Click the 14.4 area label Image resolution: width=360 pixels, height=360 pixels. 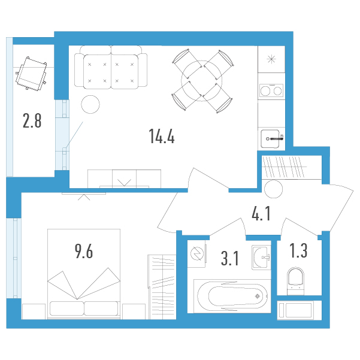click(x=162, y=136)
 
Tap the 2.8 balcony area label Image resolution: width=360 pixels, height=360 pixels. click(x=32, y=121)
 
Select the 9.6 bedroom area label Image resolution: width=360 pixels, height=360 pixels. click(x=84, y=252)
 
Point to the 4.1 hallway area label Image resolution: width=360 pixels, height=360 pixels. click(x=261, y=213)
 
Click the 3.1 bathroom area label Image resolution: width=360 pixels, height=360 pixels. click(x=230, y=258)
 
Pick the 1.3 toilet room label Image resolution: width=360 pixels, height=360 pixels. click(x=298, y=251)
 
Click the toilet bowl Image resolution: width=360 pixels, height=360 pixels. click(x=295, y=281)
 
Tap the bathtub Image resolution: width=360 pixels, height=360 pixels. click(x=232, y=296)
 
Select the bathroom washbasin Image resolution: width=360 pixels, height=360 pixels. click(x=261, y=258)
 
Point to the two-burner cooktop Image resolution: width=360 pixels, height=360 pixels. click(x=271, y=90)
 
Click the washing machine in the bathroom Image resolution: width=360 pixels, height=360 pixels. click(x=196, y=254)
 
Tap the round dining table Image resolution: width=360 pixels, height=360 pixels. click(x=202, y=81)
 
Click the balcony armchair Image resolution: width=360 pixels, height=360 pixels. click(x=31, y=73)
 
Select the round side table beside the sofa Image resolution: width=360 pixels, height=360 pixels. click(x=90, y=104)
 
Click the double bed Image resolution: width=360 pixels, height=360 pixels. click(x=84, y=274)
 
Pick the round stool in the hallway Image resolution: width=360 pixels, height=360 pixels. click(x=273, y=189)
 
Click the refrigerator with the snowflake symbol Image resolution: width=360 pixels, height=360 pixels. click(x=271, y=59)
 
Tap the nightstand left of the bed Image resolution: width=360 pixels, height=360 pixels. click(x=34, y=311)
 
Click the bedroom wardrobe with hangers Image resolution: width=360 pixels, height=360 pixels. click(x=162, y=287)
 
